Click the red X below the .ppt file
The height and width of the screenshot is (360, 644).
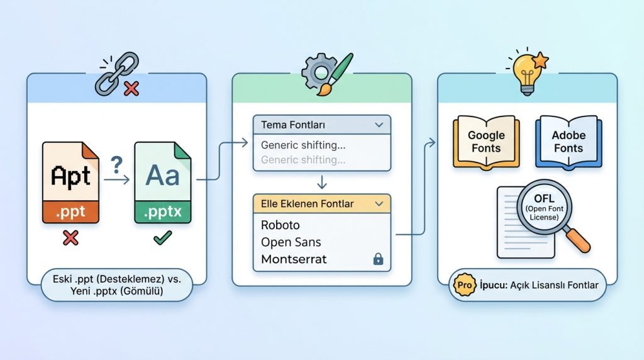[70, 237]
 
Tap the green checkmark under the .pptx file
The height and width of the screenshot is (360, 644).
[163, 237]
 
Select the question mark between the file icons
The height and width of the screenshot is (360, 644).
[116, 165]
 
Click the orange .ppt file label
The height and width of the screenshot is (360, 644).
[70, 212]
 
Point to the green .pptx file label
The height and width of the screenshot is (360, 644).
[163, 212]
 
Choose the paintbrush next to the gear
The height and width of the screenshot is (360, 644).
[335, 74]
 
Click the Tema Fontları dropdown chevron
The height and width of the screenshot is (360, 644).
[379, 125]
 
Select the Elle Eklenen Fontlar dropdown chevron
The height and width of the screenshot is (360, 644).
[379, 204]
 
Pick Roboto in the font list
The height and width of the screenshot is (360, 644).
[280, 225]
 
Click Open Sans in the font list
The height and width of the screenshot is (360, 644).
[291, 242]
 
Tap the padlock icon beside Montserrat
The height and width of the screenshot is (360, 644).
[378, 259]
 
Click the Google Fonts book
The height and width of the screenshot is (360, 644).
[486, 142]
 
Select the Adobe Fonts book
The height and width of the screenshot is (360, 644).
[569, 142]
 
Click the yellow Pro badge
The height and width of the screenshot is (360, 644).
[465, 285]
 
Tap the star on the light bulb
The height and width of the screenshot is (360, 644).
[540, 60]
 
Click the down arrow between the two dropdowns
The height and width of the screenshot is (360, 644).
[322, 182]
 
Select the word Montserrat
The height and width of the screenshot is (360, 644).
[294, 259]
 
